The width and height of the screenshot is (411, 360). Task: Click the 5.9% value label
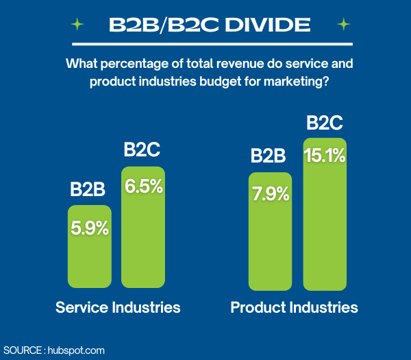pyautogui.click(x=90, y=228)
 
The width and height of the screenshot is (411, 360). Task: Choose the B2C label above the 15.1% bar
pyautogui.click(x=324, y=123)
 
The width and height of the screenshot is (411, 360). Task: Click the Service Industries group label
pyautogui.click(x=118, y=307)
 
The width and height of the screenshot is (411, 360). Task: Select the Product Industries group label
pyautogui.click(x=294, y=307)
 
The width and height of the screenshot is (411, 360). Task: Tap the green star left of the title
pyautogui.click(x=77, y=25)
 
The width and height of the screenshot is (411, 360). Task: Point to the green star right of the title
pyautogui.click(x=343, y=25)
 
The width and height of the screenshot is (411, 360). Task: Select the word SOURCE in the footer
pyautogui.click(x=22, y=350)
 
